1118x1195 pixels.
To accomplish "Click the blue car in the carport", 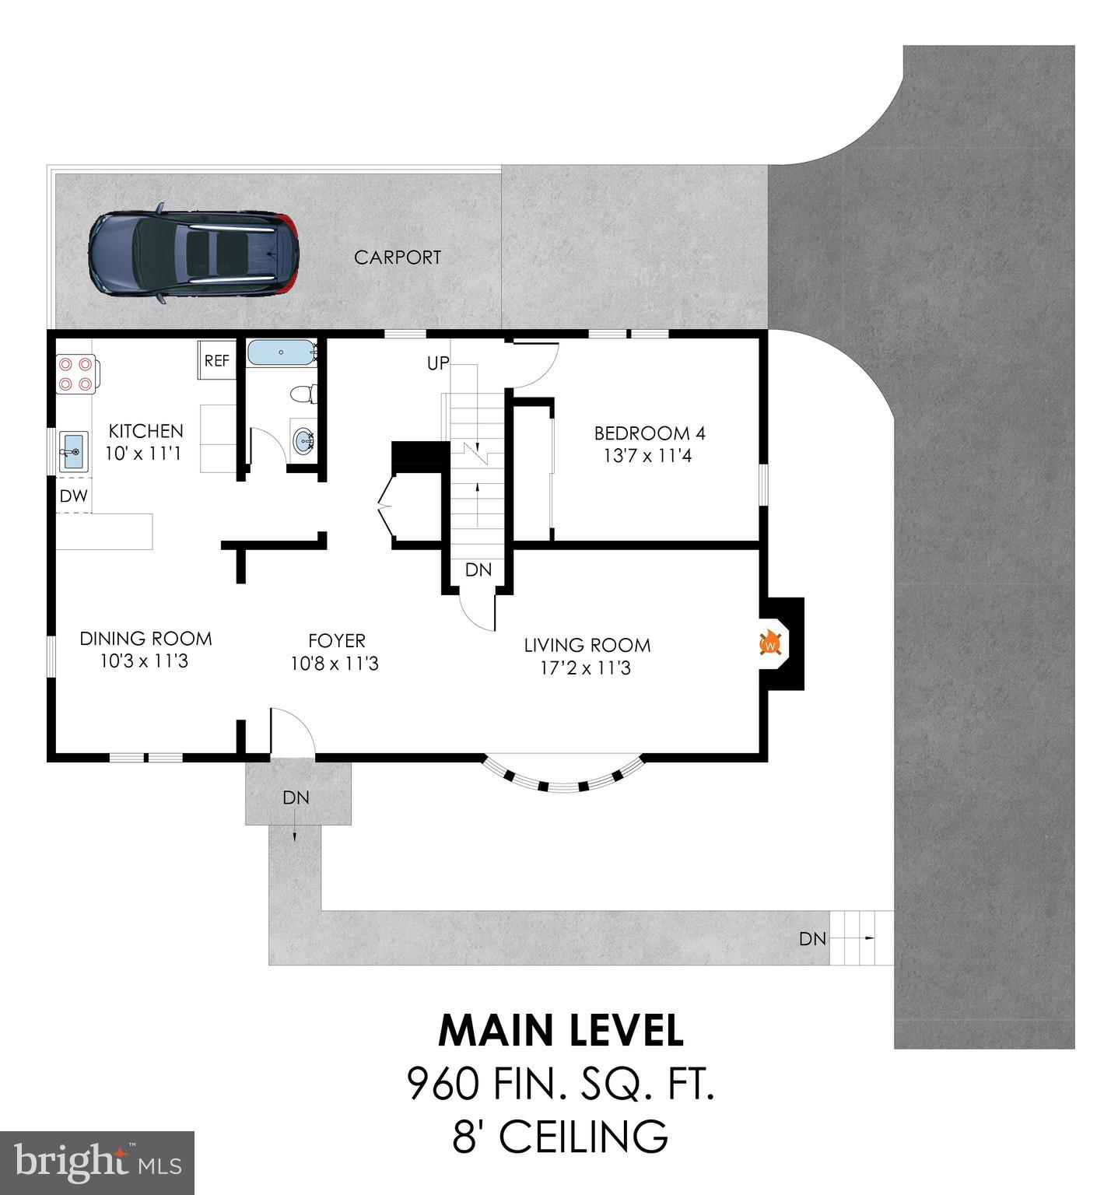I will click(194, 254).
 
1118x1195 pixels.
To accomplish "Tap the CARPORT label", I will click(398, 258).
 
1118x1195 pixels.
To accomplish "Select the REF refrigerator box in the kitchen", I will click(216, 361).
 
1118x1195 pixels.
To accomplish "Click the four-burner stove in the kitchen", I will click(75, 373).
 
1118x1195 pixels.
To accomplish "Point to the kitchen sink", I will click(74, 451).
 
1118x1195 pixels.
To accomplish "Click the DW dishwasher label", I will click(74, 496).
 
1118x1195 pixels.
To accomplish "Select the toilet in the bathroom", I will click(301, 394).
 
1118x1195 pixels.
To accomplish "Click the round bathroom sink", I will click(303, 442).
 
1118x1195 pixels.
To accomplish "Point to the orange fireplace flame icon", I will click(770, 643).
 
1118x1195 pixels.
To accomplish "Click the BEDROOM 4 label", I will click(650, 433).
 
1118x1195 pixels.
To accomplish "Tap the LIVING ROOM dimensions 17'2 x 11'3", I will click(587, 668).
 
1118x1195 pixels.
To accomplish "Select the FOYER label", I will click(336, 640).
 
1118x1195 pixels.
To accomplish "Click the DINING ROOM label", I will click(145, 639).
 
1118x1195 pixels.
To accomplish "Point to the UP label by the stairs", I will click(438, 363).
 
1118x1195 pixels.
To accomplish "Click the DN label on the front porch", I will click(296, 797).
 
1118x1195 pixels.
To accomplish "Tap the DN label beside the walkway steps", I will click(812, 939).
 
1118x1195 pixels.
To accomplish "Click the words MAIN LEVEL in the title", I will click(561, 1030).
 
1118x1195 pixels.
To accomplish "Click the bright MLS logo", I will click(97, 1162).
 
